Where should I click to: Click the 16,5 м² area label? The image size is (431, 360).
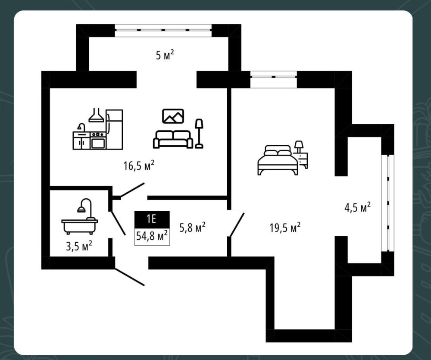139,166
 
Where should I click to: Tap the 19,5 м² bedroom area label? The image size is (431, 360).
285,228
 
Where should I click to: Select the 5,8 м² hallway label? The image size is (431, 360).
192,228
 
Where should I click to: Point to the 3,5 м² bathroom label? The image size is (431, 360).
79,246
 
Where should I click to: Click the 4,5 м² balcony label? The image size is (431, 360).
357,207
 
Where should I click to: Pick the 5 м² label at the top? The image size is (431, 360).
165,55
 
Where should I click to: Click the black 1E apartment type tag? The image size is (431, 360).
152,219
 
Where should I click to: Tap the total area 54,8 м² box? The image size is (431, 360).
152,236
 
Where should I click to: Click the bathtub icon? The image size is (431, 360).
79,216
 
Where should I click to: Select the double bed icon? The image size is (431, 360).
278,160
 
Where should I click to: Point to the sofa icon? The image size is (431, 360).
173,139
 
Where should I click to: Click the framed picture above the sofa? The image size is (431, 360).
173,116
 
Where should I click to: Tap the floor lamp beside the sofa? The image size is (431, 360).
199,134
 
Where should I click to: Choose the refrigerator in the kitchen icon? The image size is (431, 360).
114,129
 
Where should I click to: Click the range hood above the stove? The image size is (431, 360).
96,115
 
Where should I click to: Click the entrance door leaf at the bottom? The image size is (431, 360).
129,277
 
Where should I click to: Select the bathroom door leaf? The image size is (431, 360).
118,223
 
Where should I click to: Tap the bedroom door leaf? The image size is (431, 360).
237,225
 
